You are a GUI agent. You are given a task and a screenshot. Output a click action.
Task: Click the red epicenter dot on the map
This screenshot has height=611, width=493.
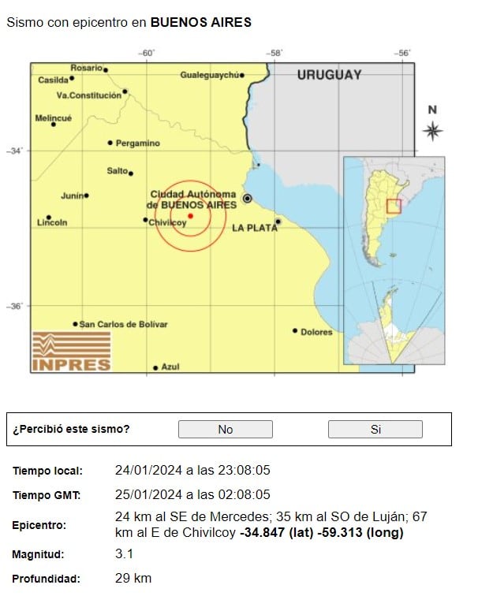(x=190, y=215)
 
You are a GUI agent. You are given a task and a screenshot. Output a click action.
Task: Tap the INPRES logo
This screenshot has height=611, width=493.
(x=72, y=351)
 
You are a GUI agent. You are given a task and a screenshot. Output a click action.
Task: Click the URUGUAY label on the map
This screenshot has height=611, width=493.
(x=329, y=75)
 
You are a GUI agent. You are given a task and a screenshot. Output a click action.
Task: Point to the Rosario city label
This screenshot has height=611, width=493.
(x=87, y=68)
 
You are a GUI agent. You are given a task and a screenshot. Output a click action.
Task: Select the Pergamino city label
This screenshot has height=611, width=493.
(x=137, y=143)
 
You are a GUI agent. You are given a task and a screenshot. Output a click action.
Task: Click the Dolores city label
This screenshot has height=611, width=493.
(x=316, y=332)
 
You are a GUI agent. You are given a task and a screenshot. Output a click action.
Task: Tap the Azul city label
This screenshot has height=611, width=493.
(x=170, y=367)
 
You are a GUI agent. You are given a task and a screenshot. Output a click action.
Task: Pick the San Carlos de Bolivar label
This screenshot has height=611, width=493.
(x=124, y=324)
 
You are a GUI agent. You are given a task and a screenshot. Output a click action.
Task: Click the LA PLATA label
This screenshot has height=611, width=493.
(x=254, y=228)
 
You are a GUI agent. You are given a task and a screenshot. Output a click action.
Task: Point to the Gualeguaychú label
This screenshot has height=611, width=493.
(x=209, y=75)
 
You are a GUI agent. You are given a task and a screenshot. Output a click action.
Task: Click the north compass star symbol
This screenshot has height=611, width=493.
(x=432, y=131)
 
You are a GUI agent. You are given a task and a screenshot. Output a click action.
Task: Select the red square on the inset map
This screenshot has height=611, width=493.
(x=394, y=207)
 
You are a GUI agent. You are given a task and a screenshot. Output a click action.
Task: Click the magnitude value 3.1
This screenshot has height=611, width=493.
(x=124, y=554)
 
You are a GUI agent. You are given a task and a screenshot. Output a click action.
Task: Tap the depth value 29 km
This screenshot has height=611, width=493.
(x=133, y=579)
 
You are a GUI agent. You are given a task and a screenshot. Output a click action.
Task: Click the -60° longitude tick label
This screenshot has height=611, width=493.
(x=146, y=53)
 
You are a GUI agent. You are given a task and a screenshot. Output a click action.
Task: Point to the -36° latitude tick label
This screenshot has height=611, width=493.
(x=17, y=307)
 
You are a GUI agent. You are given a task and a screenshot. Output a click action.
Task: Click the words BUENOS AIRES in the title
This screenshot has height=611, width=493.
(x=201, y=23)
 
